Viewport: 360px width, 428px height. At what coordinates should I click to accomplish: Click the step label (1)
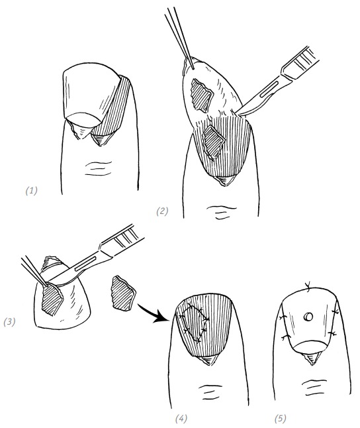(x=31, y=190)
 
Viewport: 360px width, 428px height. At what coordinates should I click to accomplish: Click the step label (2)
(x=162, y=211)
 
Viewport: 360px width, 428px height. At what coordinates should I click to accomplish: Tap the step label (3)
(x=9, y=322)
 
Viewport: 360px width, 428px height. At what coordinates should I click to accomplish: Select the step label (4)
(x=181, y=419)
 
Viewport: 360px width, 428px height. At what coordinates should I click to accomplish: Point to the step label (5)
(x=281, y=419)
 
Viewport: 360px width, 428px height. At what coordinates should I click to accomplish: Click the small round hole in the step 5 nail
(x=308, y=317)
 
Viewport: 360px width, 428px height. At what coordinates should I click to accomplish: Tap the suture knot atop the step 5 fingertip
(x=308, y=286)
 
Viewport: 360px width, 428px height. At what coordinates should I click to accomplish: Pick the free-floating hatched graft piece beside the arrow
(x=123, y=294)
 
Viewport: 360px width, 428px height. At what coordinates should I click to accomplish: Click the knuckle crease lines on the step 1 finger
(x=99, y=168)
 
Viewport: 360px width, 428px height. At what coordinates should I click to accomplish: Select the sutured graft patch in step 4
(x=194, y=324)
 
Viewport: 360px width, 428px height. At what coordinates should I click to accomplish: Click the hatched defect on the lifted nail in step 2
(x=202, y=95)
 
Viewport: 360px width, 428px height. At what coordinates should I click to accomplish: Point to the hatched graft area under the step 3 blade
(x=52, y=299)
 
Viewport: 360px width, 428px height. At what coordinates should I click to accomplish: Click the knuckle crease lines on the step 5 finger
(x=314, y=388)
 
